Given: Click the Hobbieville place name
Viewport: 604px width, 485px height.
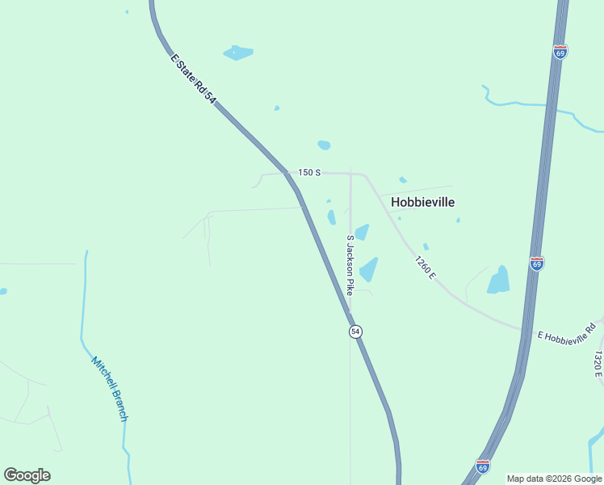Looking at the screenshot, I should (x=422, y=202).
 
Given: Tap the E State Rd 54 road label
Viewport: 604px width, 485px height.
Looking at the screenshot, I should (x=194, y=78).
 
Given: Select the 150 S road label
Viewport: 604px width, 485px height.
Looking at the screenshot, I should (x=309, y=172).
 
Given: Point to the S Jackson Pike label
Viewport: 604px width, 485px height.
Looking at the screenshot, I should (x=350, y=265).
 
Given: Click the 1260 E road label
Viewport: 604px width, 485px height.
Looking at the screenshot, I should (x=426, y=268).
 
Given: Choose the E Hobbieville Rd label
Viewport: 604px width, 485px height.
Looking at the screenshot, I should (x=566, y=332).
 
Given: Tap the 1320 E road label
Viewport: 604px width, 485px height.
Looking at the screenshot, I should (x=598, y=363).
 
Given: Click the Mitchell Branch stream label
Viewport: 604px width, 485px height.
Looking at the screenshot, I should (x=109, y=389).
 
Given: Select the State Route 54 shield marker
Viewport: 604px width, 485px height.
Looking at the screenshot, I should (x=355, y=331).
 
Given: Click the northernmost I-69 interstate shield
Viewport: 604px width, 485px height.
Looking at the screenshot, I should (x=560, y=51).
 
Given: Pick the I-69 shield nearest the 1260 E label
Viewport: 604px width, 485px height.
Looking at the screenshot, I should (x=537, y=263).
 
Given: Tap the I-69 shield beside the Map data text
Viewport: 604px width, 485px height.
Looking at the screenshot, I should (x=482, y=466).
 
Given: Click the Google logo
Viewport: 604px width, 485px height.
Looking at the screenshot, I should (x=27, y=475).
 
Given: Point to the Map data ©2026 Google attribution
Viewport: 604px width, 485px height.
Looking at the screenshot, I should (x=555, y=479).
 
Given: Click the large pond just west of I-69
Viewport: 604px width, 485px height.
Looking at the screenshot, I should (x=499, y=280).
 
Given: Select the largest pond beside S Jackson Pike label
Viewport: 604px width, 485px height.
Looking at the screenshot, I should (x=369, y=269).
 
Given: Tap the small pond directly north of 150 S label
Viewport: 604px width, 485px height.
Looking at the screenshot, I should (x=324, y=145).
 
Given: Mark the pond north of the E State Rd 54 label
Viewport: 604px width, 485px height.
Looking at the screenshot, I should (x=238, y=53).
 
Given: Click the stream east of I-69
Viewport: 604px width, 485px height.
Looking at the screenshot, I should (x=533, y=104).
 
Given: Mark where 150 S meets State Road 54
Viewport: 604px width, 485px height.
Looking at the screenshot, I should (x=288, y=173).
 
